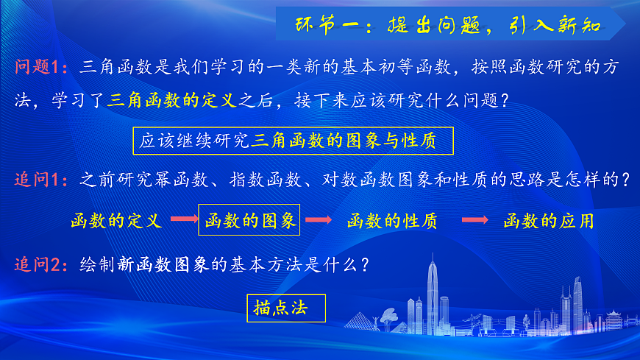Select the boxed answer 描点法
(x=285, y=307)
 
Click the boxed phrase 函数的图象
(x=249, y=219)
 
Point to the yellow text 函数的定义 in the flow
(x=115, y=220)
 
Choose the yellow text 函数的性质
(x=392, y=220)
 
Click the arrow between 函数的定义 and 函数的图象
(x=184, y=219)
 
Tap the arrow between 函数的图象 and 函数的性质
(x=317, y=219)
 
